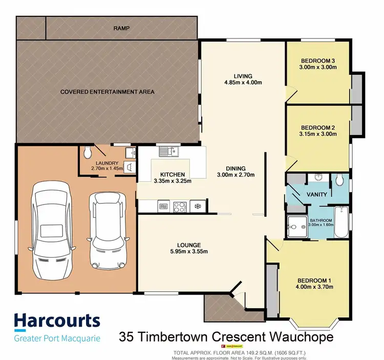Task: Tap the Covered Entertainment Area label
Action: (107, 92)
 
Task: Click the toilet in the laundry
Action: (88, 152)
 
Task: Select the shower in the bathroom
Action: (295, 226)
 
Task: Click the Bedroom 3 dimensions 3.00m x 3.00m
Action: (317, 66)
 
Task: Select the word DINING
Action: (236, 168)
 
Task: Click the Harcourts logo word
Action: (57, 321)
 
